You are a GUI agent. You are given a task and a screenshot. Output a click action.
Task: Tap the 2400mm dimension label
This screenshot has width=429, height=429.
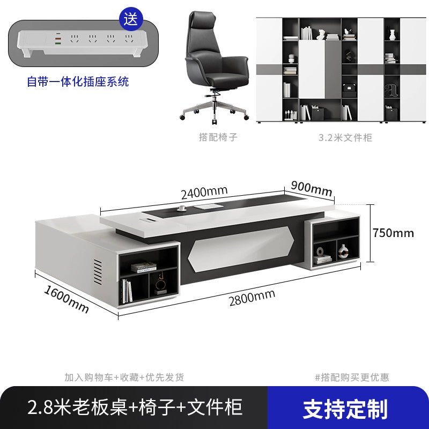click(x=204, y=192)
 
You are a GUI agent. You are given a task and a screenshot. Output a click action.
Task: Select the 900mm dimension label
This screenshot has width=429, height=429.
click(x=312, y=188)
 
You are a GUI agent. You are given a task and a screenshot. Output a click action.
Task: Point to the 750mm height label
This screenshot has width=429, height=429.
click(x=393, y=233)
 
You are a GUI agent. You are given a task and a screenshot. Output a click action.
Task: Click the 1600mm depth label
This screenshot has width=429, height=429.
click(x=66, y=299)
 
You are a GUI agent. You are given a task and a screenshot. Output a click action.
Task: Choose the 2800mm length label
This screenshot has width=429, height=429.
click(x=252, y=298)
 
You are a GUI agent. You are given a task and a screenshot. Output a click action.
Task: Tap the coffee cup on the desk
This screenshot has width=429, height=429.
click(x=181, y=208)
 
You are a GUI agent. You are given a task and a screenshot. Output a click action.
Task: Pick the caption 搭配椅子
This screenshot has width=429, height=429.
click(x=218, y=137)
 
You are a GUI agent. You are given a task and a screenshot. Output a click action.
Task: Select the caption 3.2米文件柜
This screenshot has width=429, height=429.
click(x=345, y=137)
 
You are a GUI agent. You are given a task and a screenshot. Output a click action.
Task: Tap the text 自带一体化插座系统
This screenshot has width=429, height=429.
click(x=78, y=82)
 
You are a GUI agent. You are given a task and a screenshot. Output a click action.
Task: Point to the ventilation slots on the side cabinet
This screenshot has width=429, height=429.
click(x=98, y=271)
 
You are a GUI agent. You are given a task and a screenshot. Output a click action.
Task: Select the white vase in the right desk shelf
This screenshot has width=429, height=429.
click(x=343, y=251)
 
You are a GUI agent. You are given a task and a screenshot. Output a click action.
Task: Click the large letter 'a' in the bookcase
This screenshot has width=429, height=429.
click(x=391, y=90)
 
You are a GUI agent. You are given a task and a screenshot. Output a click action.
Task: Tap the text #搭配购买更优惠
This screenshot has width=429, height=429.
click(x=352, y=378)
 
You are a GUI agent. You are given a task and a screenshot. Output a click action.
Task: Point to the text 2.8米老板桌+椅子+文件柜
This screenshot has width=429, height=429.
click(x=135, y=408)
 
